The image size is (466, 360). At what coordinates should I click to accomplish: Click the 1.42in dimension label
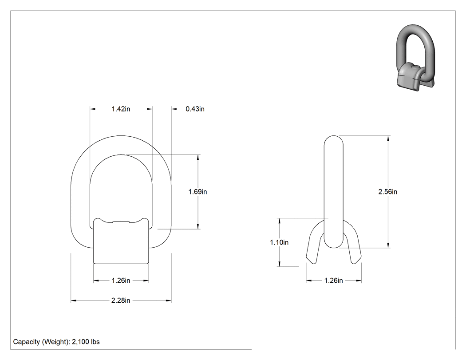[x=121, y=109]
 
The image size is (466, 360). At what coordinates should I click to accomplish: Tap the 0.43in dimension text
[x=195, y=109]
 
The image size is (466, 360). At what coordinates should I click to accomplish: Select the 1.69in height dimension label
[x=197, y=192]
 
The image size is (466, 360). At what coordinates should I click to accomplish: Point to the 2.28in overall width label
[x=121, y=301]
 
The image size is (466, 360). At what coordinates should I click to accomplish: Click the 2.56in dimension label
[x=387, y=192]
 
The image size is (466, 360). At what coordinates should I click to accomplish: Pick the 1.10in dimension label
[x=279, y=242]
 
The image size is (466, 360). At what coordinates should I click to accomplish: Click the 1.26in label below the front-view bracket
[x=121, y=281]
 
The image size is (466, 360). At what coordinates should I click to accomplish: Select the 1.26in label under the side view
[x=333, y=281]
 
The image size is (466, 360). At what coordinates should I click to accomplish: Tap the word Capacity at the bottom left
[x=26, y=342]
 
